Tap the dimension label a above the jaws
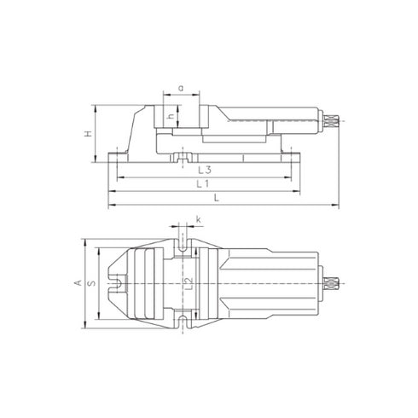(x=180, y=88)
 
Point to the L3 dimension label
(x=202, y=171)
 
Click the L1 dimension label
(x=202, y=184)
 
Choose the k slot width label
(x=197, y=221)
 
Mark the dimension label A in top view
(x=77, y=282)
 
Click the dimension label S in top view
(x=91, y=282)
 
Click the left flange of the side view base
(x=118, y=155)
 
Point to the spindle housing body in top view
(x=264, y=282)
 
